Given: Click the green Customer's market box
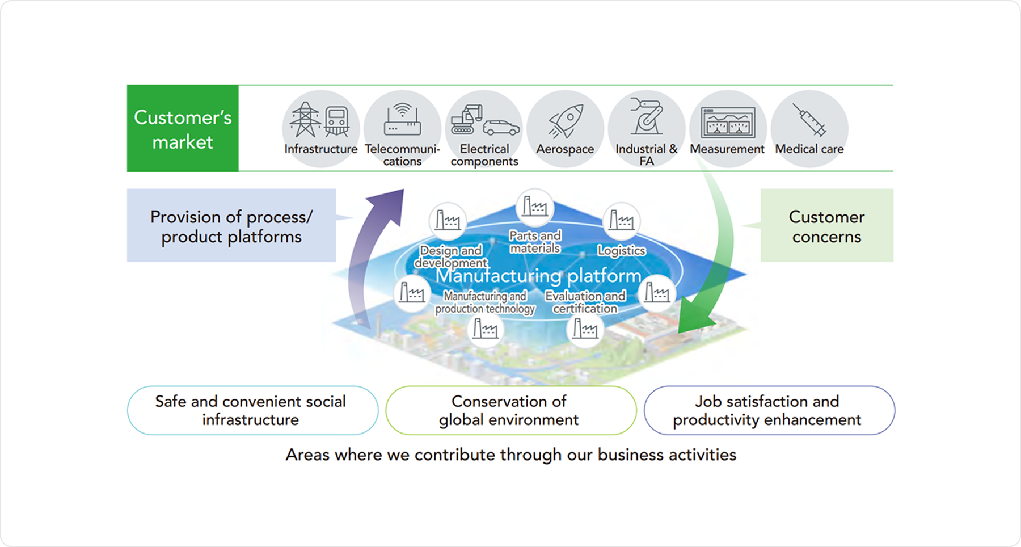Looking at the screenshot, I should click(183, 128).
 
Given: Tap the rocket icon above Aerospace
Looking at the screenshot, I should click(566, 121).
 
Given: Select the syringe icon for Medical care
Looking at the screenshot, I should click(809, 120).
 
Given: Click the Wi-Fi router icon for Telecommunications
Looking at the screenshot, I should click(402, 120).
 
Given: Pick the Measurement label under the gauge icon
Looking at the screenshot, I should click(727, 149).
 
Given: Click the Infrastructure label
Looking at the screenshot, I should click(321, 149).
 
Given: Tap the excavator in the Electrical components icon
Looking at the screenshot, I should click(466, 119).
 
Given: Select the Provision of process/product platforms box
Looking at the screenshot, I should click(231, 226).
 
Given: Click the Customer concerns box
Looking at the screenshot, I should click(826, 226).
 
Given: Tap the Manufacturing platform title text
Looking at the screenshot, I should click(538, 276).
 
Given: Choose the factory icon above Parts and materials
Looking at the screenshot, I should click(534, 207).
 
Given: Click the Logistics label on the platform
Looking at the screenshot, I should click(622, 250).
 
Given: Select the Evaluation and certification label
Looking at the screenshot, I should click(585, 302).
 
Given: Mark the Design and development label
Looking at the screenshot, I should click(451, 256).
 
